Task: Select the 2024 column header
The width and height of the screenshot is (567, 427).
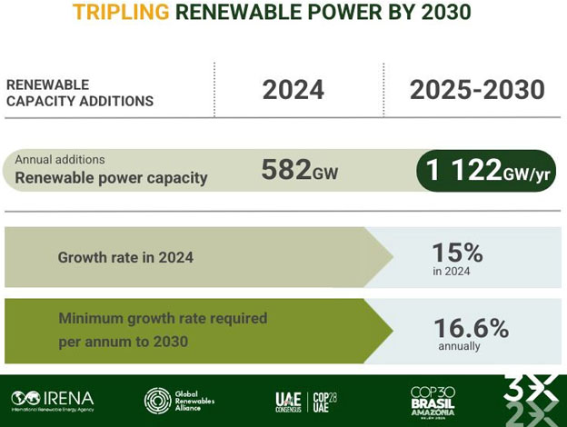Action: point(293,89)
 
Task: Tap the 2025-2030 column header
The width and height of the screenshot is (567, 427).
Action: point(477,89)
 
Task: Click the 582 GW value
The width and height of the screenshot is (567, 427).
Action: point(299,170)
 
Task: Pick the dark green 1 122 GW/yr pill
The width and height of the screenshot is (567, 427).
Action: point(485,171)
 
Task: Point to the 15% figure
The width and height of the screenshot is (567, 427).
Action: point(458,253)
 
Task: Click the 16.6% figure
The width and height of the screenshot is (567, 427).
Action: point(471,328)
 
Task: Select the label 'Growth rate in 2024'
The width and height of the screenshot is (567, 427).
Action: point(125,257)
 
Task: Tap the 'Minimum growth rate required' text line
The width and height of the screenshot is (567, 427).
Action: point(163,319)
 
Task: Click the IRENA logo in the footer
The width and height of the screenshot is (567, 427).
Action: point(53,399)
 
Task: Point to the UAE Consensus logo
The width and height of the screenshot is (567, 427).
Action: point(288,400)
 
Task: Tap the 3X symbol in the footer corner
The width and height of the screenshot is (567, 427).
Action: point(531,400)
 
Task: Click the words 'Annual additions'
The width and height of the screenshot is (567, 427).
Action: point(60,160)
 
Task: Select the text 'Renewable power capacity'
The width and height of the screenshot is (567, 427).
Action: point(111,177)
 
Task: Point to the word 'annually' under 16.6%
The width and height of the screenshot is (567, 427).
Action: point(459,346)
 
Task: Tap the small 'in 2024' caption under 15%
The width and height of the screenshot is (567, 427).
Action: point(452,271)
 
